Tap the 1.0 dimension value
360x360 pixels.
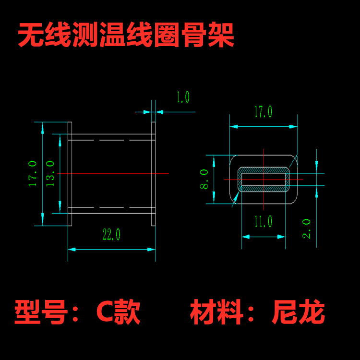tap(182, 97)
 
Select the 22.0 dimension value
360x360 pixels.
tap(111, 235)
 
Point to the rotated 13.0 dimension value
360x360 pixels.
tap(50, 173)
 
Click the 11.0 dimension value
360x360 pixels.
tap(264, 221)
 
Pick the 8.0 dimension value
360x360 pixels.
tap(204, 179)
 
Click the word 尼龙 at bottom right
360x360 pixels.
tap(298, 312)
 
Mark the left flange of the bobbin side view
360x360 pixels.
tap(70, 174)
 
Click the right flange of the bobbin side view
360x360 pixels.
tap(154, 174)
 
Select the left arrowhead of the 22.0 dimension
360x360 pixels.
tap(72, 249)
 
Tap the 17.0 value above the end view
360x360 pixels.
tap(263, 112)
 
